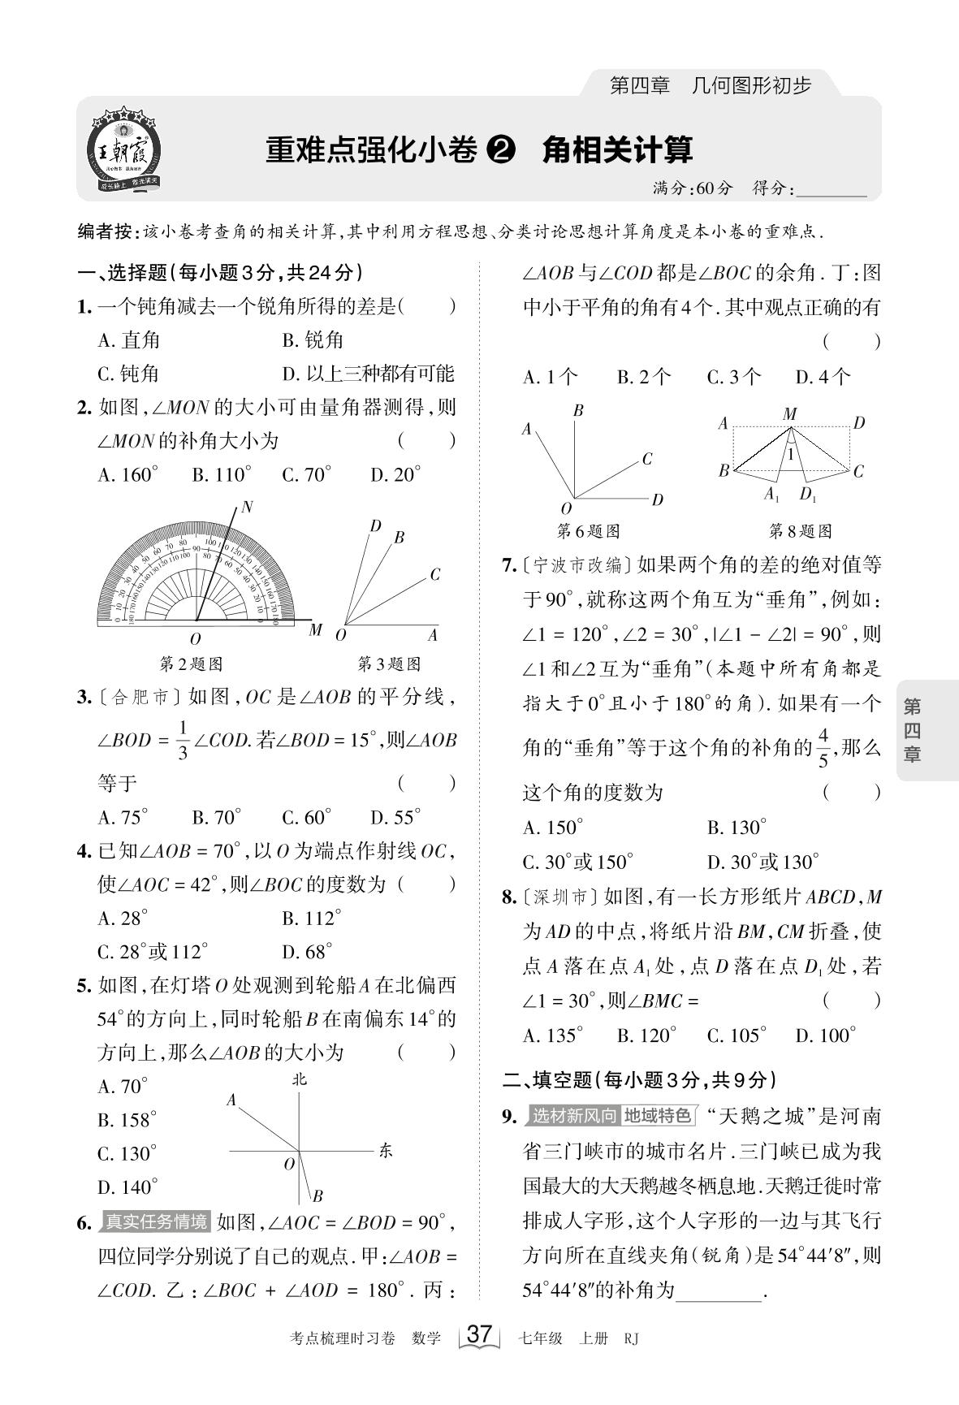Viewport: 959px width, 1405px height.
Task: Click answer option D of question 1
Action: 368,374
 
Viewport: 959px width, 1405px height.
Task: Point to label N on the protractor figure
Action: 247,508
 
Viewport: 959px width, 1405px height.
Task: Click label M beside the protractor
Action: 315,630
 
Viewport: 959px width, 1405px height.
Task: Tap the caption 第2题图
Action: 191,664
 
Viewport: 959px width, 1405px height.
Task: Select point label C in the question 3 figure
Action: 434,575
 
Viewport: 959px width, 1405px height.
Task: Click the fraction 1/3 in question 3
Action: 183,740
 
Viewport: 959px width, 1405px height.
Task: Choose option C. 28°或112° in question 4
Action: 153,952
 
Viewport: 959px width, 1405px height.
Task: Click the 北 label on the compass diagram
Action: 300,1079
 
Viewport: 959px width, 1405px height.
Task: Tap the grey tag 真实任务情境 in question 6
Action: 155,1221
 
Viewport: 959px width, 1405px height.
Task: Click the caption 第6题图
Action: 588,531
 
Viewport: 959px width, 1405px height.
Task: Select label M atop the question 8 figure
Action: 789,414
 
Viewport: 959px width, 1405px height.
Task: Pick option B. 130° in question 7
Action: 737,828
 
